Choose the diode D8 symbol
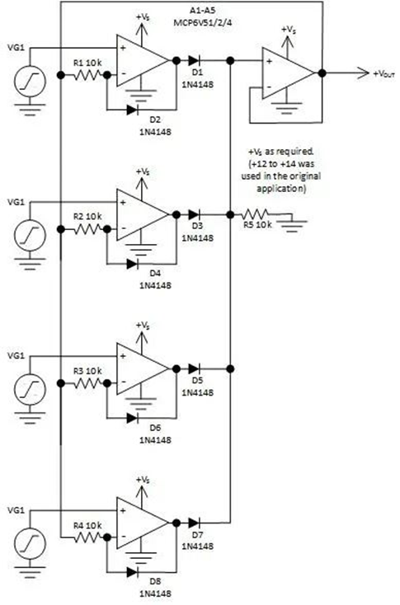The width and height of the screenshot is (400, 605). (x=133, y=570)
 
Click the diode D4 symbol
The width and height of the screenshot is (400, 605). (x=133, y=263)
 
